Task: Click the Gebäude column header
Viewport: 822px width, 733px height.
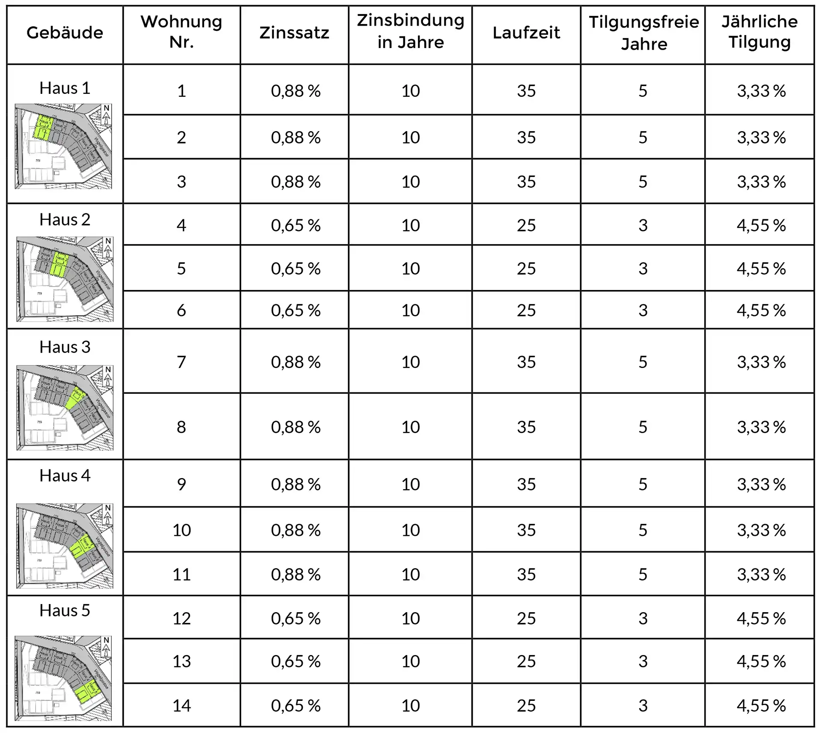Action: (65, 33)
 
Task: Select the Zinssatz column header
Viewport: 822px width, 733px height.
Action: (294, 33)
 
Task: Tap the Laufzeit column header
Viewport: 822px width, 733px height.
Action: (526, 33)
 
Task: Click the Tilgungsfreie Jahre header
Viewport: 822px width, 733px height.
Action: (643, 33)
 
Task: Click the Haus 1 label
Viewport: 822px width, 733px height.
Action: (65, 88)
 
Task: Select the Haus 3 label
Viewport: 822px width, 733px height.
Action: (65, 347)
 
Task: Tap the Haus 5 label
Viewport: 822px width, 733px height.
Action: (65, 610)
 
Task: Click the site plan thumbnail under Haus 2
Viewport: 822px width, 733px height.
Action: (65, 279)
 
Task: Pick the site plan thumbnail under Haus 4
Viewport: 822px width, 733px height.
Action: (65, 546)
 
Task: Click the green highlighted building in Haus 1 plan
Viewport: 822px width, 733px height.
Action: (43, 128)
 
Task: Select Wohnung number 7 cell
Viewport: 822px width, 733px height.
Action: (182, 362)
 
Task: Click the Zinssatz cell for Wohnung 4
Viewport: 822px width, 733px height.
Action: (295, 225)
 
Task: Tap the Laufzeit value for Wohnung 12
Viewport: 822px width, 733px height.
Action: (526, 619)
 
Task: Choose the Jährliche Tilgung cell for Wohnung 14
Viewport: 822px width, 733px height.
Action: (761, 706)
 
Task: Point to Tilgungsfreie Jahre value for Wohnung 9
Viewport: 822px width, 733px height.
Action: (643, 485)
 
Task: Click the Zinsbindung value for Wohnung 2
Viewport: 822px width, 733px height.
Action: (411, 138)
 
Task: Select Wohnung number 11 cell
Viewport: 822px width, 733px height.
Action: (182, 574)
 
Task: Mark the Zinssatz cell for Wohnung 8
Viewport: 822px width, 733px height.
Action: (295, 427)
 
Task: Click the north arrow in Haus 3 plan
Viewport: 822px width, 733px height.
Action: (108, 376)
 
